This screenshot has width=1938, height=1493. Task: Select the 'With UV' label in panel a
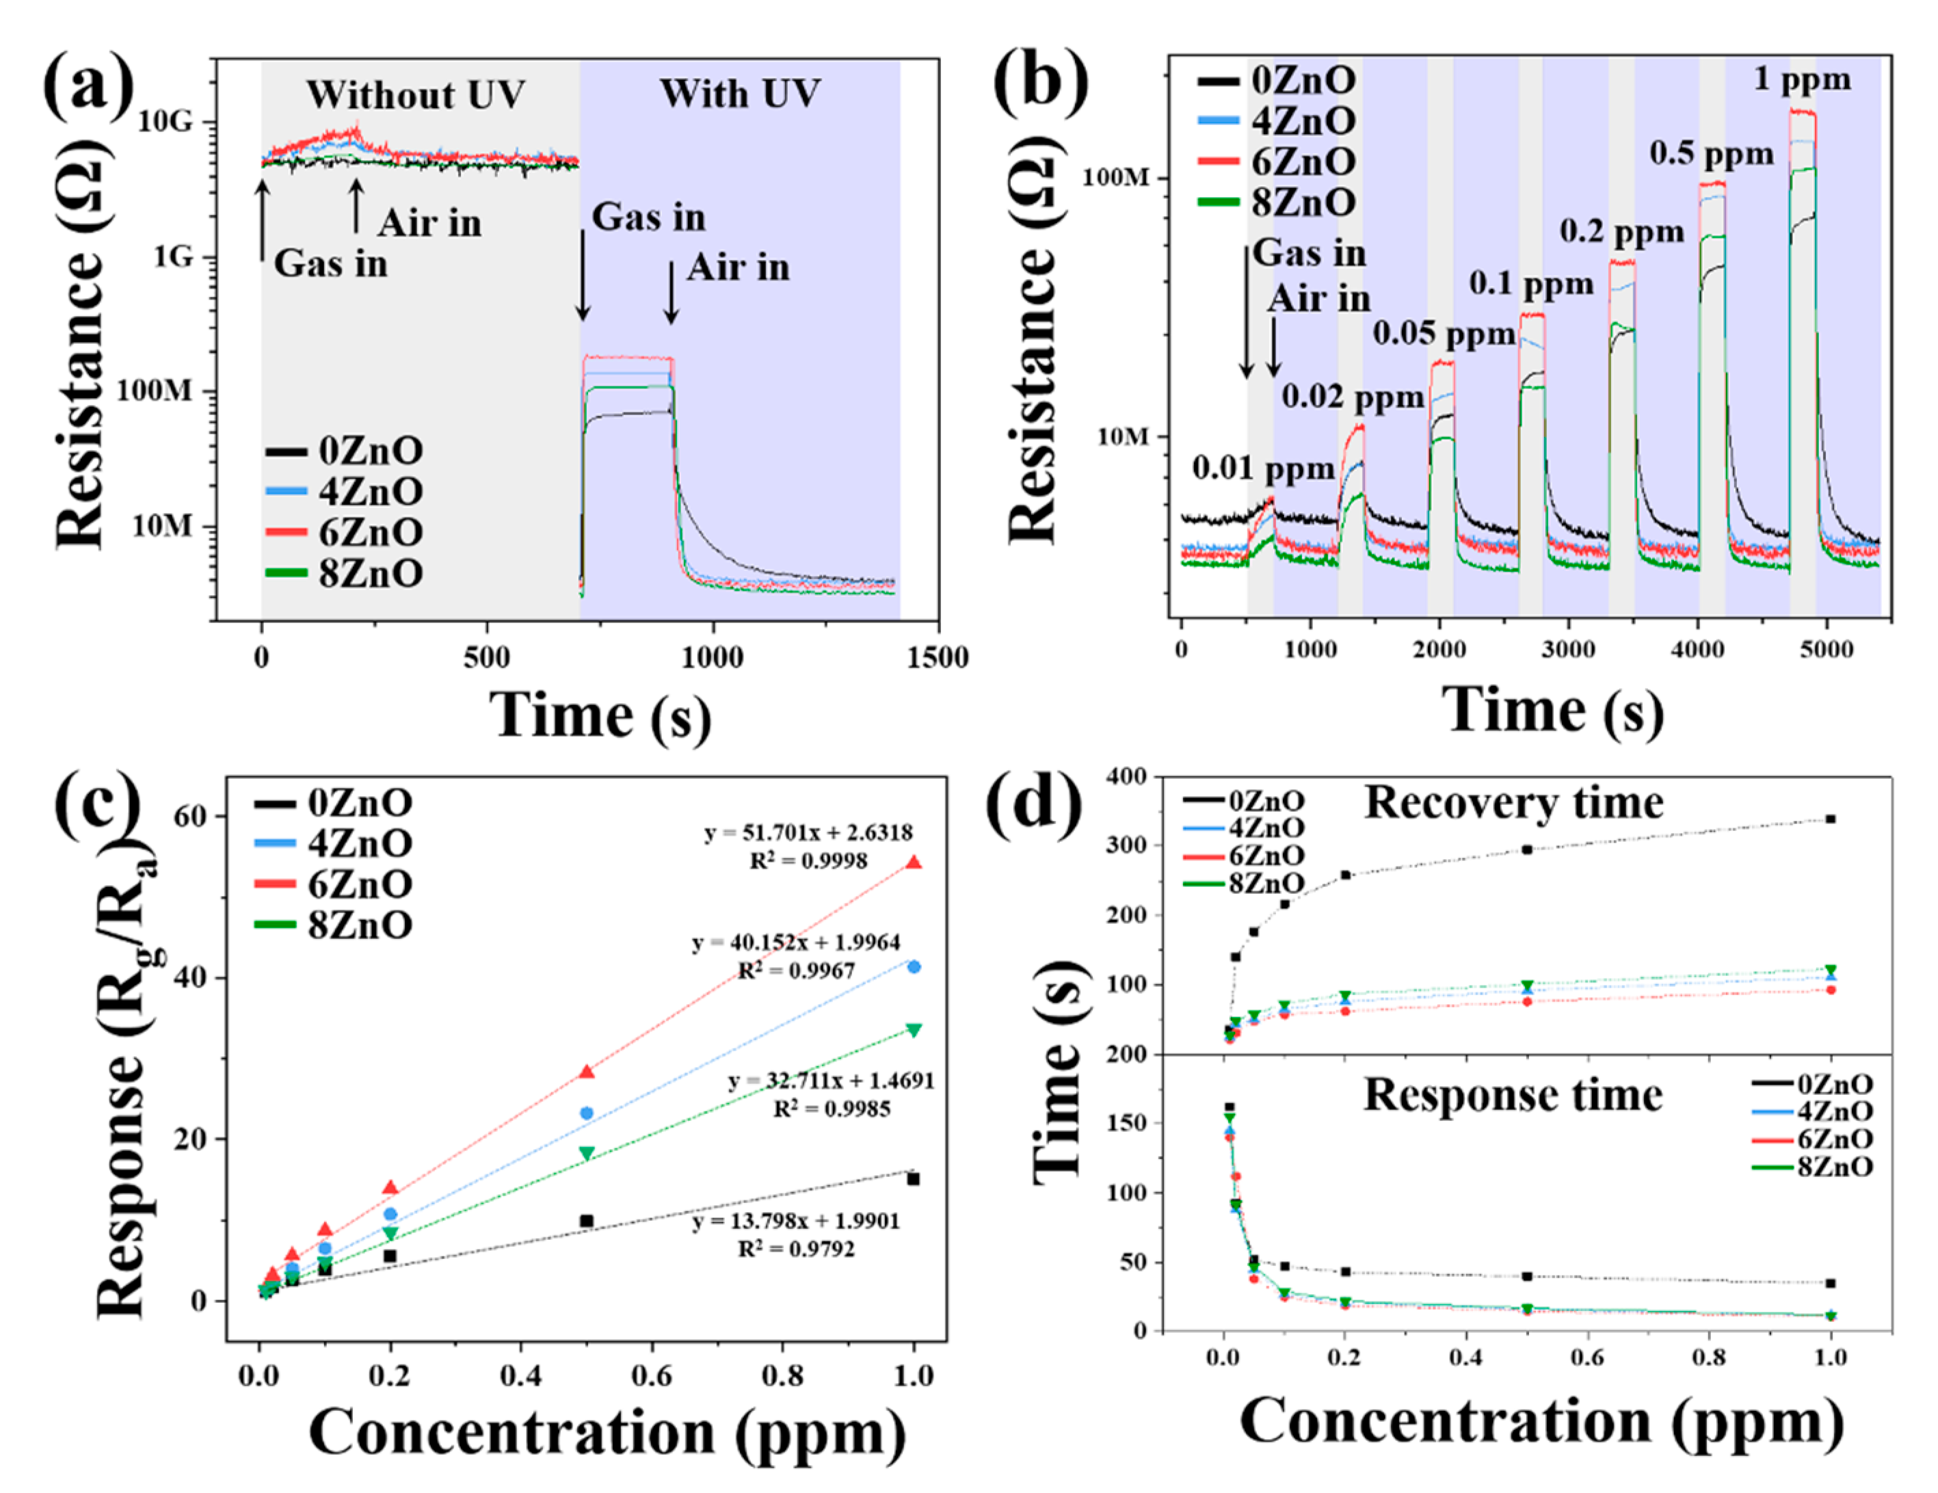point(739,93)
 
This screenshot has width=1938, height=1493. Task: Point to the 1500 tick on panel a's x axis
point(938,658)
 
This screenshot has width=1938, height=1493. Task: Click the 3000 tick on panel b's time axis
point(1568,649)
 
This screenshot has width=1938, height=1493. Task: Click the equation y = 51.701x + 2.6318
point(808,832)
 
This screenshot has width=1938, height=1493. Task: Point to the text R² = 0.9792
point(796,1249)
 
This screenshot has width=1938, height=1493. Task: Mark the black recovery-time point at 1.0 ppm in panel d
point(1830,819)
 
